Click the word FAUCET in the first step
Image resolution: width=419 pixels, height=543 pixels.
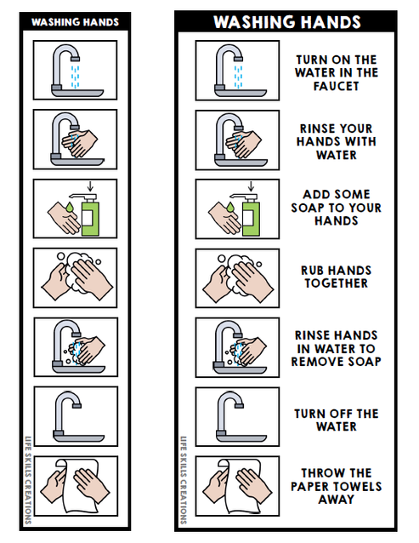(336, 87)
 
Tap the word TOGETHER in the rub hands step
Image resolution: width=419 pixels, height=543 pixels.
(336, 284)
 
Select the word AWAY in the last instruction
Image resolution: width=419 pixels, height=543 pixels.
(336, 500)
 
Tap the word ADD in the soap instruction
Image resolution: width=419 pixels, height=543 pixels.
(314, 194)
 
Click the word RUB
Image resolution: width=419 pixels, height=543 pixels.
(312, 271)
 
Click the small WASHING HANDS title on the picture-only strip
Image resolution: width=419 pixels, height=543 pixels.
(76, 21)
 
